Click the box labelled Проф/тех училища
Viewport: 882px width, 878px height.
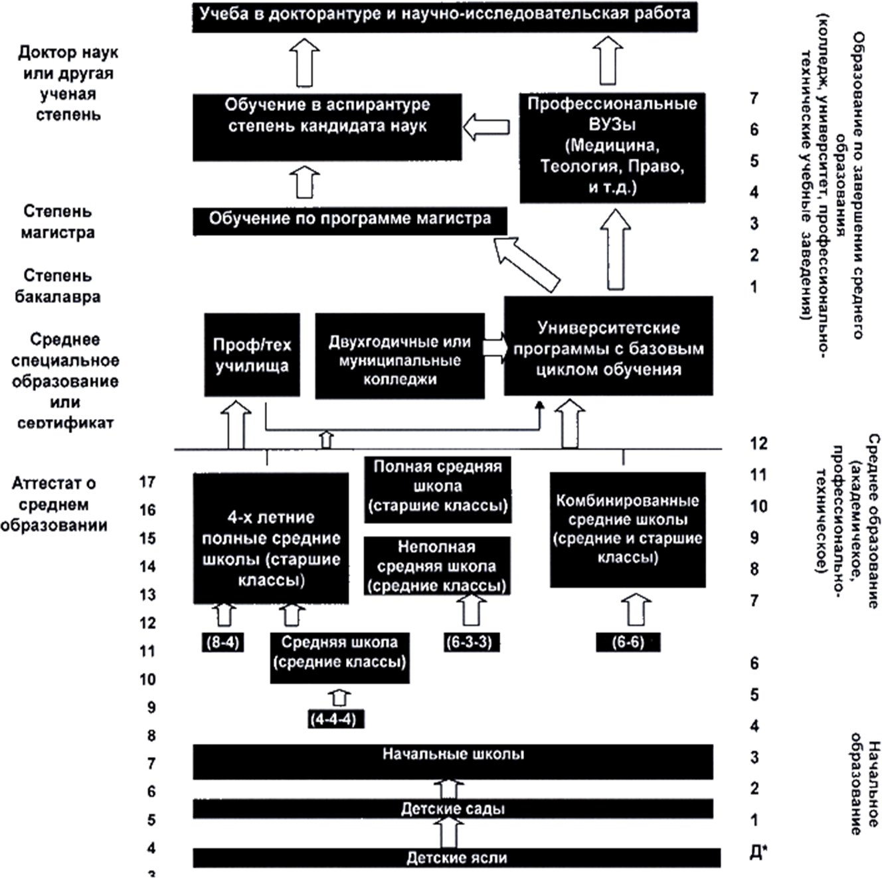[252, 355]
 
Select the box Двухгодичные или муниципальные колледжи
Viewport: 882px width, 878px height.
[400, 356]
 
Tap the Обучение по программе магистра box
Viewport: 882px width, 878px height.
[350, 222]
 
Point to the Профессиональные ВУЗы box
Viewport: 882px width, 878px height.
[612, 148]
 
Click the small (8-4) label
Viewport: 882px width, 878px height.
[223, 642]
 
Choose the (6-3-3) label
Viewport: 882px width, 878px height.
[471, 642]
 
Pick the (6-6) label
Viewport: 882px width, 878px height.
[628, 642]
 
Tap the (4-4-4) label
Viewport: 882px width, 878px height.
[335, 719]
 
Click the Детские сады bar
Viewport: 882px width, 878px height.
[453, 809]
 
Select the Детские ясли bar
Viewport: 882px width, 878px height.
[456, 858]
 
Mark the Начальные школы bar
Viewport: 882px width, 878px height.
[453, 762]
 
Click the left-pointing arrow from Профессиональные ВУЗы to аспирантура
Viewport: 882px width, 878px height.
[486, 127]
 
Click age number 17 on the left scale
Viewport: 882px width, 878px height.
[147, 482]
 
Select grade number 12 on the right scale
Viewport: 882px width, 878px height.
[758, 443]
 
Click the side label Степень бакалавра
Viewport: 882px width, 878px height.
[58, 286]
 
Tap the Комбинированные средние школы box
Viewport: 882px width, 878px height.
[628, 530]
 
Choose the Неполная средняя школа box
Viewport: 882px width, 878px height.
[437, 567]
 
